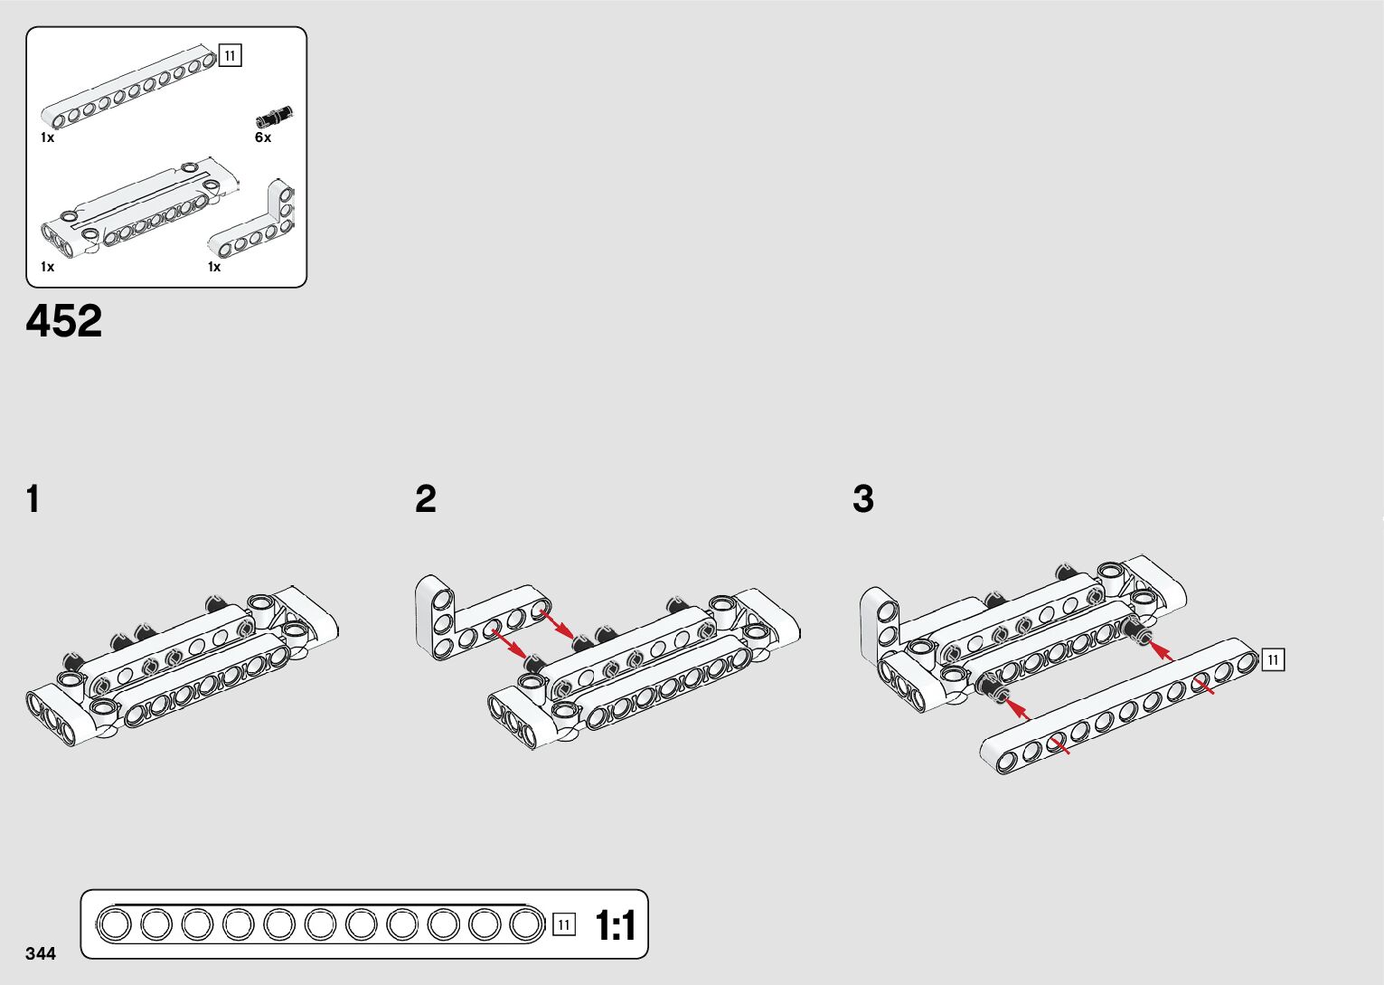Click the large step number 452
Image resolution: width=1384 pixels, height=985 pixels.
coord(64,322)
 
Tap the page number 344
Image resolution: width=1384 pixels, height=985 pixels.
coord(41,954)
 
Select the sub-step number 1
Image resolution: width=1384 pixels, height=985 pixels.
coord(33,499)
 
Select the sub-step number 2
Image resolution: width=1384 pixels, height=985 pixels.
coord(426,499)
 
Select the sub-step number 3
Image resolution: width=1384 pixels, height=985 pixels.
coord(863,499)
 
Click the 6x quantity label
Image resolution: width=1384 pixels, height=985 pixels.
coord(263,137)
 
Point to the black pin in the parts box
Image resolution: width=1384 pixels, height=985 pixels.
coord(274,116)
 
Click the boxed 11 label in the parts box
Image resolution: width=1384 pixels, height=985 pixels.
coord(231,56)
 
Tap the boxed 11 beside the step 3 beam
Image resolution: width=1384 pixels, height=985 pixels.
coord(1273,660)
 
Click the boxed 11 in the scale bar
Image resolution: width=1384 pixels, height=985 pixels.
coord(564,924)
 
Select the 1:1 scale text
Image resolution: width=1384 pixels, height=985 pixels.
coord(616,925)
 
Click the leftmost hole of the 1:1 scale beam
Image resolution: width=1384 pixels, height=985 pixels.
coord(115,924)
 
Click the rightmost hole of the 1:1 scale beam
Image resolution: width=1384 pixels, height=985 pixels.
coord(525,924)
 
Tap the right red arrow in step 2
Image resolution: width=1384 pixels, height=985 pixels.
coord(557,623)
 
